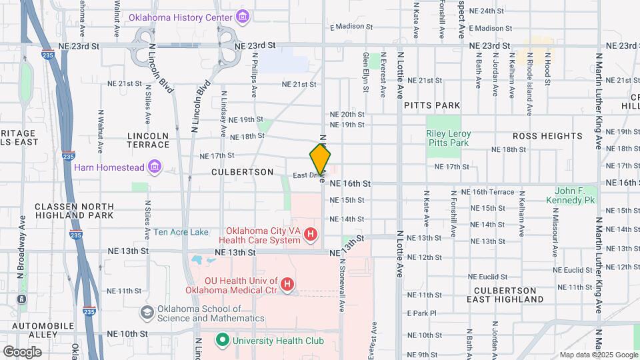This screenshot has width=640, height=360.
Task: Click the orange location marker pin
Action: (x=321, y=159)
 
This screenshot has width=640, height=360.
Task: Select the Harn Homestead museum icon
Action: (x=155, y=165)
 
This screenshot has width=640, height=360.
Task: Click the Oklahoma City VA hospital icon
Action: (x=310, y=234)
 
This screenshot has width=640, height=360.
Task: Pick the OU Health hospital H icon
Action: (x=287, y=285)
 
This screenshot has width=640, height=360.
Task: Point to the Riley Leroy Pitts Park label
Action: (x=448, y=138)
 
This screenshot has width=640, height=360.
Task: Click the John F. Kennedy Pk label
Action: (x=570, y=195)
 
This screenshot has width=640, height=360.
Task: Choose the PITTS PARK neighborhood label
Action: (x=432, y=105)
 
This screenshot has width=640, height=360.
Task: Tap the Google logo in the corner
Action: (x=22, y=351)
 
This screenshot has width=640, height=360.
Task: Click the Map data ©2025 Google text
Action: (x=598, y=355)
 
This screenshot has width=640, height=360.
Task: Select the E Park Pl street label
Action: (x=421, y=313)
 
